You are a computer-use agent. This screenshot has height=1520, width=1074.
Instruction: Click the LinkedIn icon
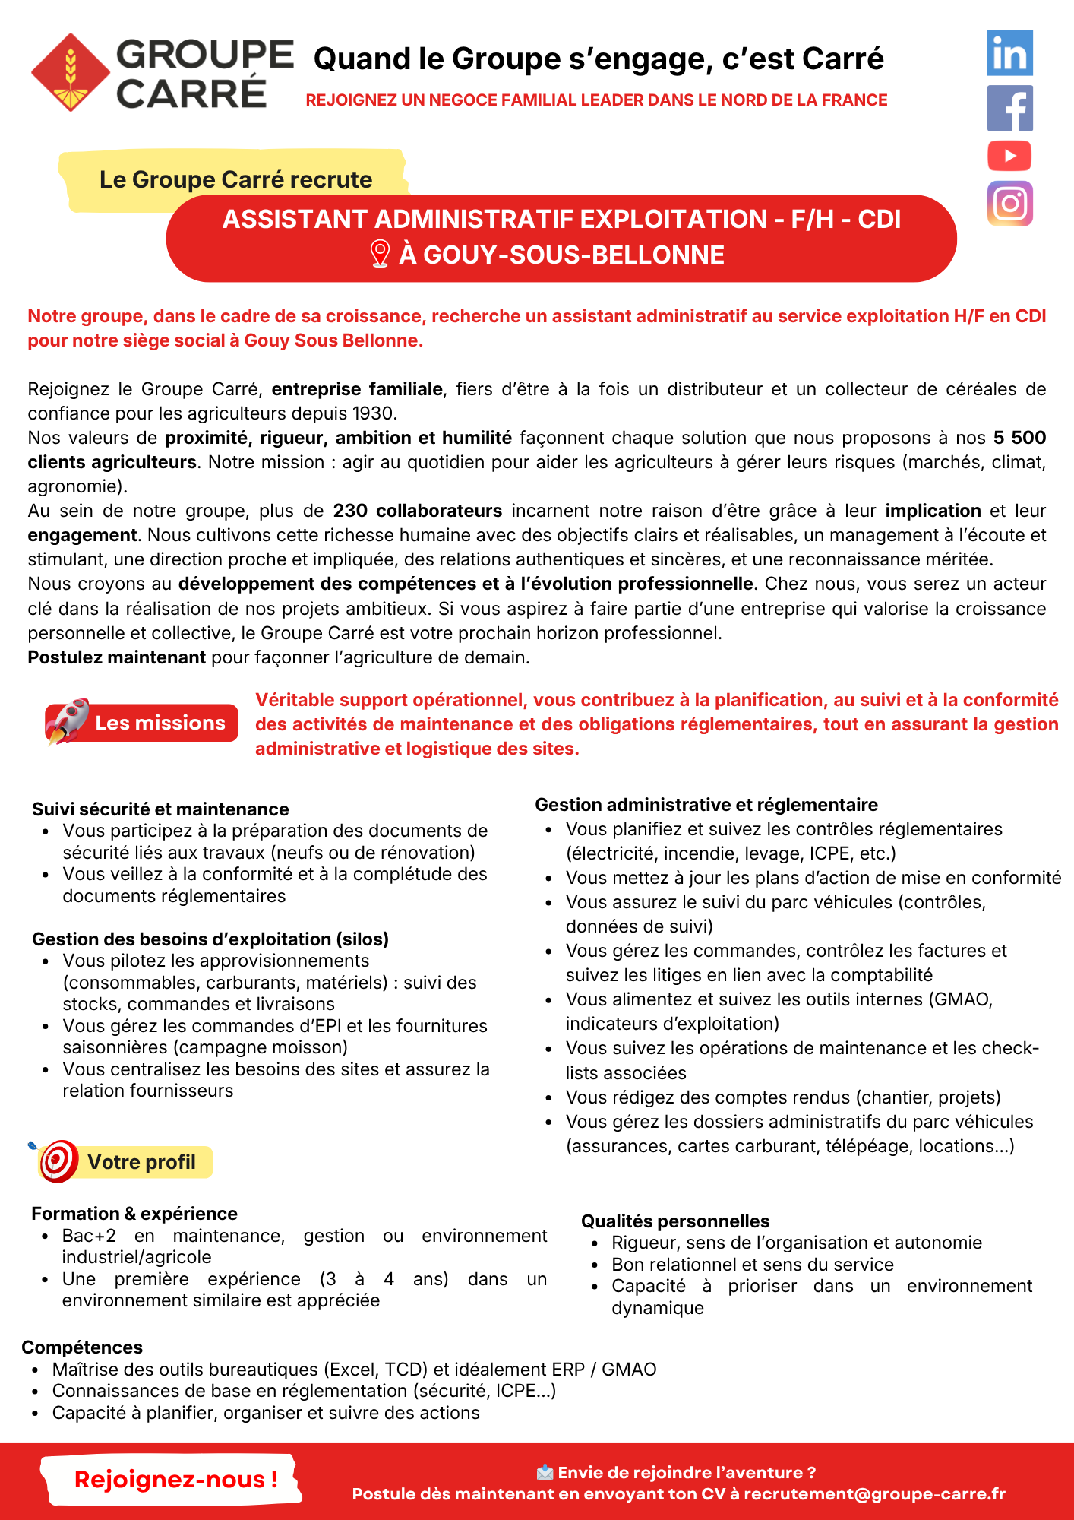tap(1009, 53)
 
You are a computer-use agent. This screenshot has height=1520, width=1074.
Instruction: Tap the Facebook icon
tap(1009, 108)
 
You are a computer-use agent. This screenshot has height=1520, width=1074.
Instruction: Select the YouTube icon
tap(1009, 156)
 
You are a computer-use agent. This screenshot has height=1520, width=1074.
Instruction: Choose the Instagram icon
tap(1009, 204)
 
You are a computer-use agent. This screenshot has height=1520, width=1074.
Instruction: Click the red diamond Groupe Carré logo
tap(71, 73)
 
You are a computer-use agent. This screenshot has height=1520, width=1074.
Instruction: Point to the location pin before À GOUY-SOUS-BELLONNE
tap(380, 254)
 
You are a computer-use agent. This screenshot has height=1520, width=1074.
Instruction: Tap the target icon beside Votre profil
tap(58, 1161)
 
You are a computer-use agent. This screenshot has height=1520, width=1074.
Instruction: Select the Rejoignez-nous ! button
tap(175, 1480)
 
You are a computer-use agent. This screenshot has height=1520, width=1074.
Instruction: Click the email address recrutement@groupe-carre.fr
tap(874, 1494)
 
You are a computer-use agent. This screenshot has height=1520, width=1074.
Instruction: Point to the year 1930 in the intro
tap(374, 413)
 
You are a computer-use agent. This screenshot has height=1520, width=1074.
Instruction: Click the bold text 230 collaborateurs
tap(418, 511)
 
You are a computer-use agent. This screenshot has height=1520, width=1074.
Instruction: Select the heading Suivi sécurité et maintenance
tap(160, 809)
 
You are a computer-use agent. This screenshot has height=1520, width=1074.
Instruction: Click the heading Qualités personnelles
tap(675, 1221)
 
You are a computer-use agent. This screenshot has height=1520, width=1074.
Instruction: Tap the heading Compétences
tap(82, 1347)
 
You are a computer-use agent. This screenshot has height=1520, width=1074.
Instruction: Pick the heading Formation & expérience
tap(134, 1214)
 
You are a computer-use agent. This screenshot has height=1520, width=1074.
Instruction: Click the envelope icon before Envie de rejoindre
tap(545, 1473)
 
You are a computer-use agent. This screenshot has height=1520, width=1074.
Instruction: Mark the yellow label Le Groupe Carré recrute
tap(235, 179)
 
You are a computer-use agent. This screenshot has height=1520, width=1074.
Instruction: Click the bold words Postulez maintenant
tap(117, 657)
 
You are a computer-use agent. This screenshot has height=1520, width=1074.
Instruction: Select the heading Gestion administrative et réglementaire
tap(706, 805)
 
